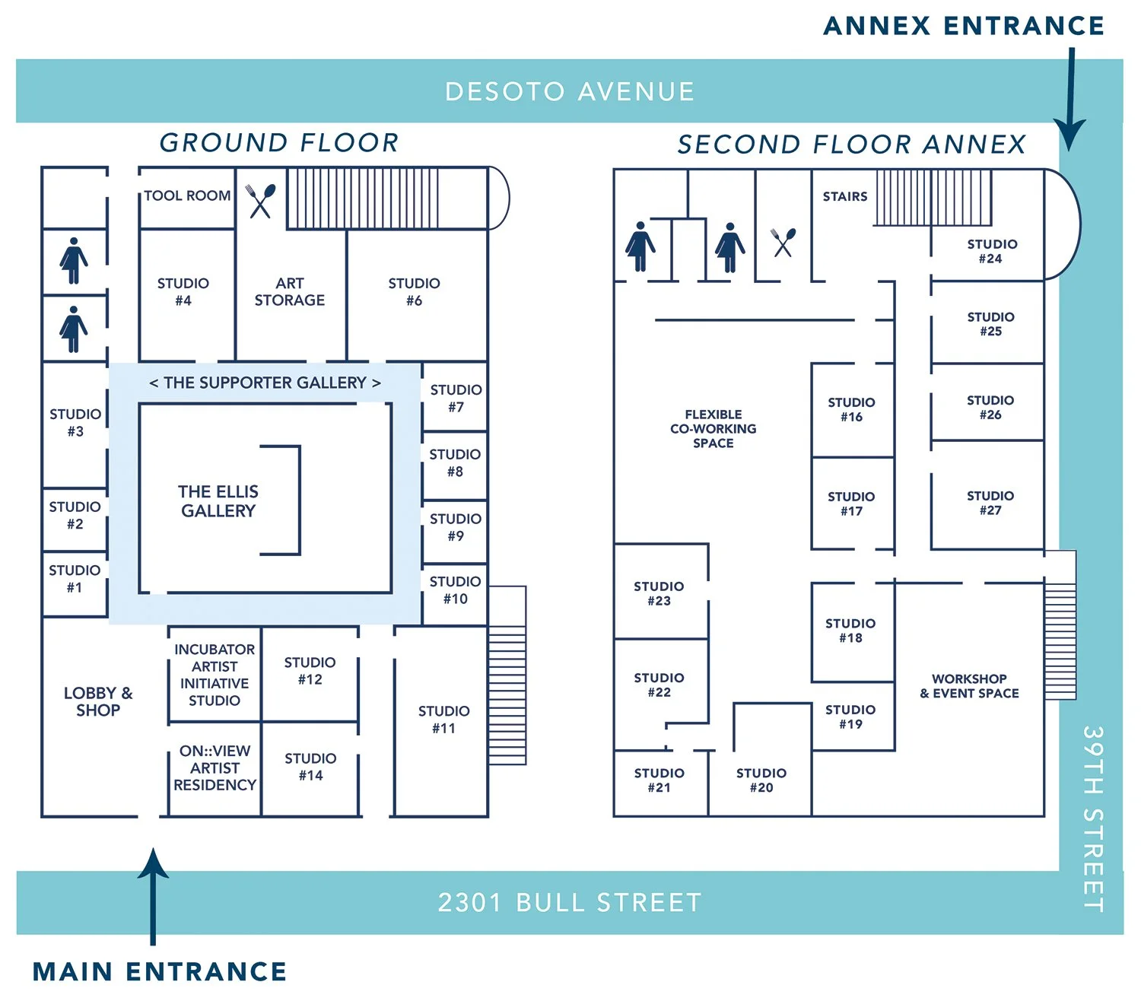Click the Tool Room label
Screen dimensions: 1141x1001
pyautogui.click(x=187, y=195)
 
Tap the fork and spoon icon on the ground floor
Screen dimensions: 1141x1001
pyautogui.click(x=261, y=200)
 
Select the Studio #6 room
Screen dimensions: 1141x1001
pyautogui.click(x=414, y=292)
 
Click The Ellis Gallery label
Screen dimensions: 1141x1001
pyautogui.click(x=218, y=501)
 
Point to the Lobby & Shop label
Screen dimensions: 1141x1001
pyautogui.click(x=98, y=701)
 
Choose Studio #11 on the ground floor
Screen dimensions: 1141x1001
pyautogui.click(x=443, y=719)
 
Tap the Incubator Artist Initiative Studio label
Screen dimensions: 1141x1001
pyautogui.click(x=215, y=675)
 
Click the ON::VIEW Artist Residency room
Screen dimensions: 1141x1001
pyautogui.click(x=215, y=767)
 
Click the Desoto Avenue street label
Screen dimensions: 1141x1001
pyautogui.click(x=569, y=92)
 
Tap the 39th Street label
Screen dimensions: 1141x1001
pyautogui.click(x=1092, y=818)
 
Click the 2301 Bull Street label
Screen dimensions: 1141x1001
pyautogui.click(x=569, y=903)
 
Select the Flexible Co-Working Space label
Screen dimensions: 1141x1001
pyautogui.click(x=713, y=429)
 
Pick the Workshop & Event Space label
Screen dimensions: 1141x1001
pyautogui.click(x=969, y=686)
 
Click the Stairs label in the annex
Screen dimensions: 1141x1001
pyautogui.click(x=844, y=196)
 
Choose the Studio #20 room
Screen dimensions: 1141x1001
pyautogui.click(x=761, y=780)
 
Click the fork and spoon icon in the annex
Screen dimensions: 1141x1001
pyautogui.click(x=783, y=242)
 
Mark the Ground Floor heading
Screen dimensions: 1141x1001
pyautogui.click(x=278, y=142)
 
